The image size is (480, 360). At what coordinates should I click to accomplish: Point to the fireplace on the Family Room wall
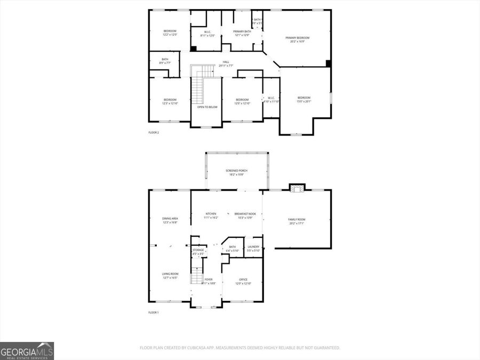tap(297, 187)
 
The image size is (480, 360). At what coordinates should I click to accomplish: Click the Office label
tap(243, 281)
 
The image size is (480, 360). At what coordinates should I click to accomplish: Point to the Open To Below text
tap(207, 107)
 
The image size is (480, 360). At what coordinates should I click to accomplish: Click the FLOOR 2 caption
tap(154, 132)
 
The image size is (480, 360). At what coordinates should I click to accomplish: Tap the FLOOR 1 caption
tap(154, 313)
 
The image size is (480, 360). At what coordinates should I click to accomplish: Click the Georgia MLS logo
tap(27, 351)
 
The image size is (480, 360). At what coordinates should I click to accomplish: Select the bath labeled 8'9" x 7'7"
tap(165, 61)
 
